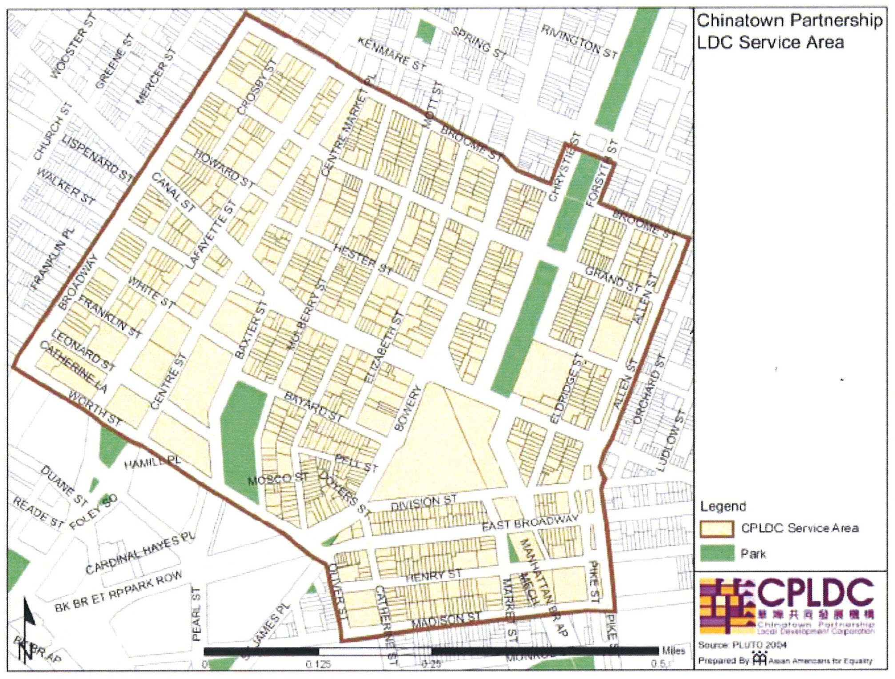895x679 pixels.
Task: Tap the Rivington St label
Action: (x=579, y=42)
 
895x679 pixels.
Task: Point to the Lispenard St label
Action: (x=97, y=159)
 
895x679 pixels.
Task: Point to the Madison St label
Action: (x=445, y=619)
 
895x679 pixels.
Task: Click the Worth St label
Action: (x=95, y=408)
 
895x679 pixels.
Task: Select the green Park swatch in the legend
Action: (x=717, y=553)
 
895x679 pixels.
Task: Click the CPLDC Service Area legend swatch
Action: (x=717, y=528)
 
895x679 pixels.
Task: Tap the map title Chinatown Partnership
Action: (x=789, y=20)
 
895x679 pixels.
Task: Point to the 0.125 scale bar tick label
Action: (x=318, y=664)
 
